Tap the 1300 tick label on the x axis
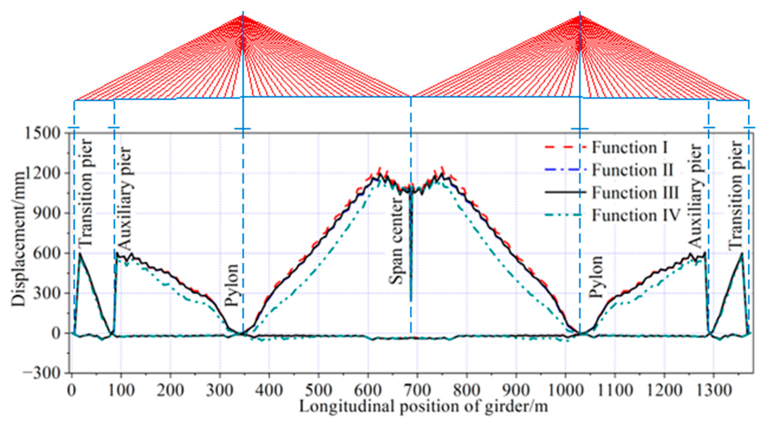point(713,391)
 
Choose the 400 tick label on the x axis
point(269,391)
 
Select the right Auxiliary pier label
point(695,196)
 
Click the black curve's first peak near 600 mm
point(80,254)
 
